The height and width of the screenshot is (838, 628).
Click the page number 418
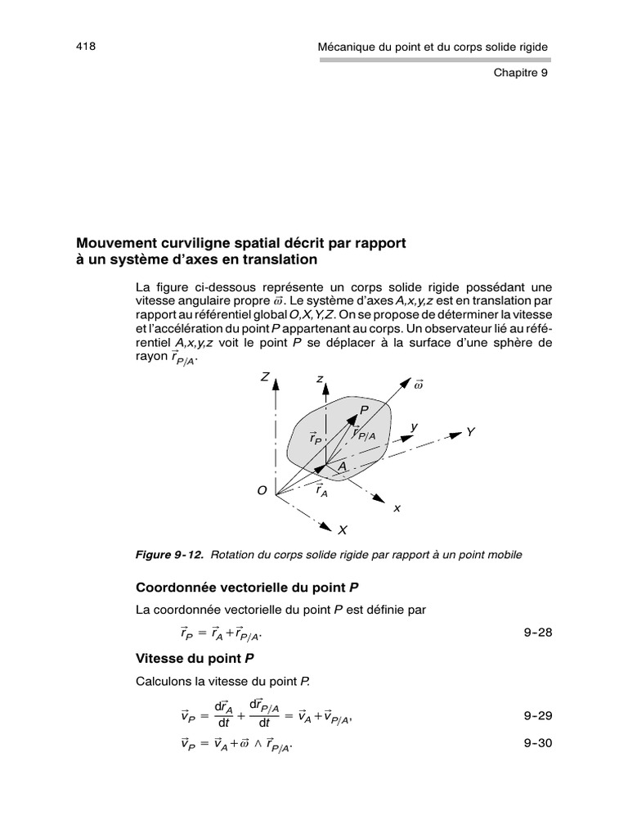point(86,47)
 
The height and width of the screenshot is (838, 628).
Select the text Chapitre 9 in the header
point(520,72)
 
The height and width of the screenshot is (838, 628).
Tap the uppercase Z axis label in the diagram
point(265,377)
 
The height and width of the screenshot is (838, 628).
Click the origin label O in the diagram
point(262,490)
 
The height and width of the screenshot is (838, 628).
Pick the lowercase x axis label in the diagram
point(397,507)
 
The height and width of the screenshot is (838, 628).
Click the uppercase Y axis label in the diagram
point(470,431)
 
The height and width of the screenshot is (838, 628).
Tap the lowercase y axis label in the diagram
point(414,426)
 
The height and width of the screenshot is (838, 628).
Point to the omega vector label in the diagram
point(419,385)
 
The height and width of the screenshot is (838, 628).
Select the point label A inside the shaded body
point(343,465)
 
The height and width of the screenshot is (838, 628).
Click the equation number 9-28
point(537,632)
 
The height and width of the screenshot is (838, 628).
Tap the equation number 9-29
point(537,715)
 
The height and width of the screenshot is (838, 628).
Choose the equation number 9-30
point(537,745)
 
